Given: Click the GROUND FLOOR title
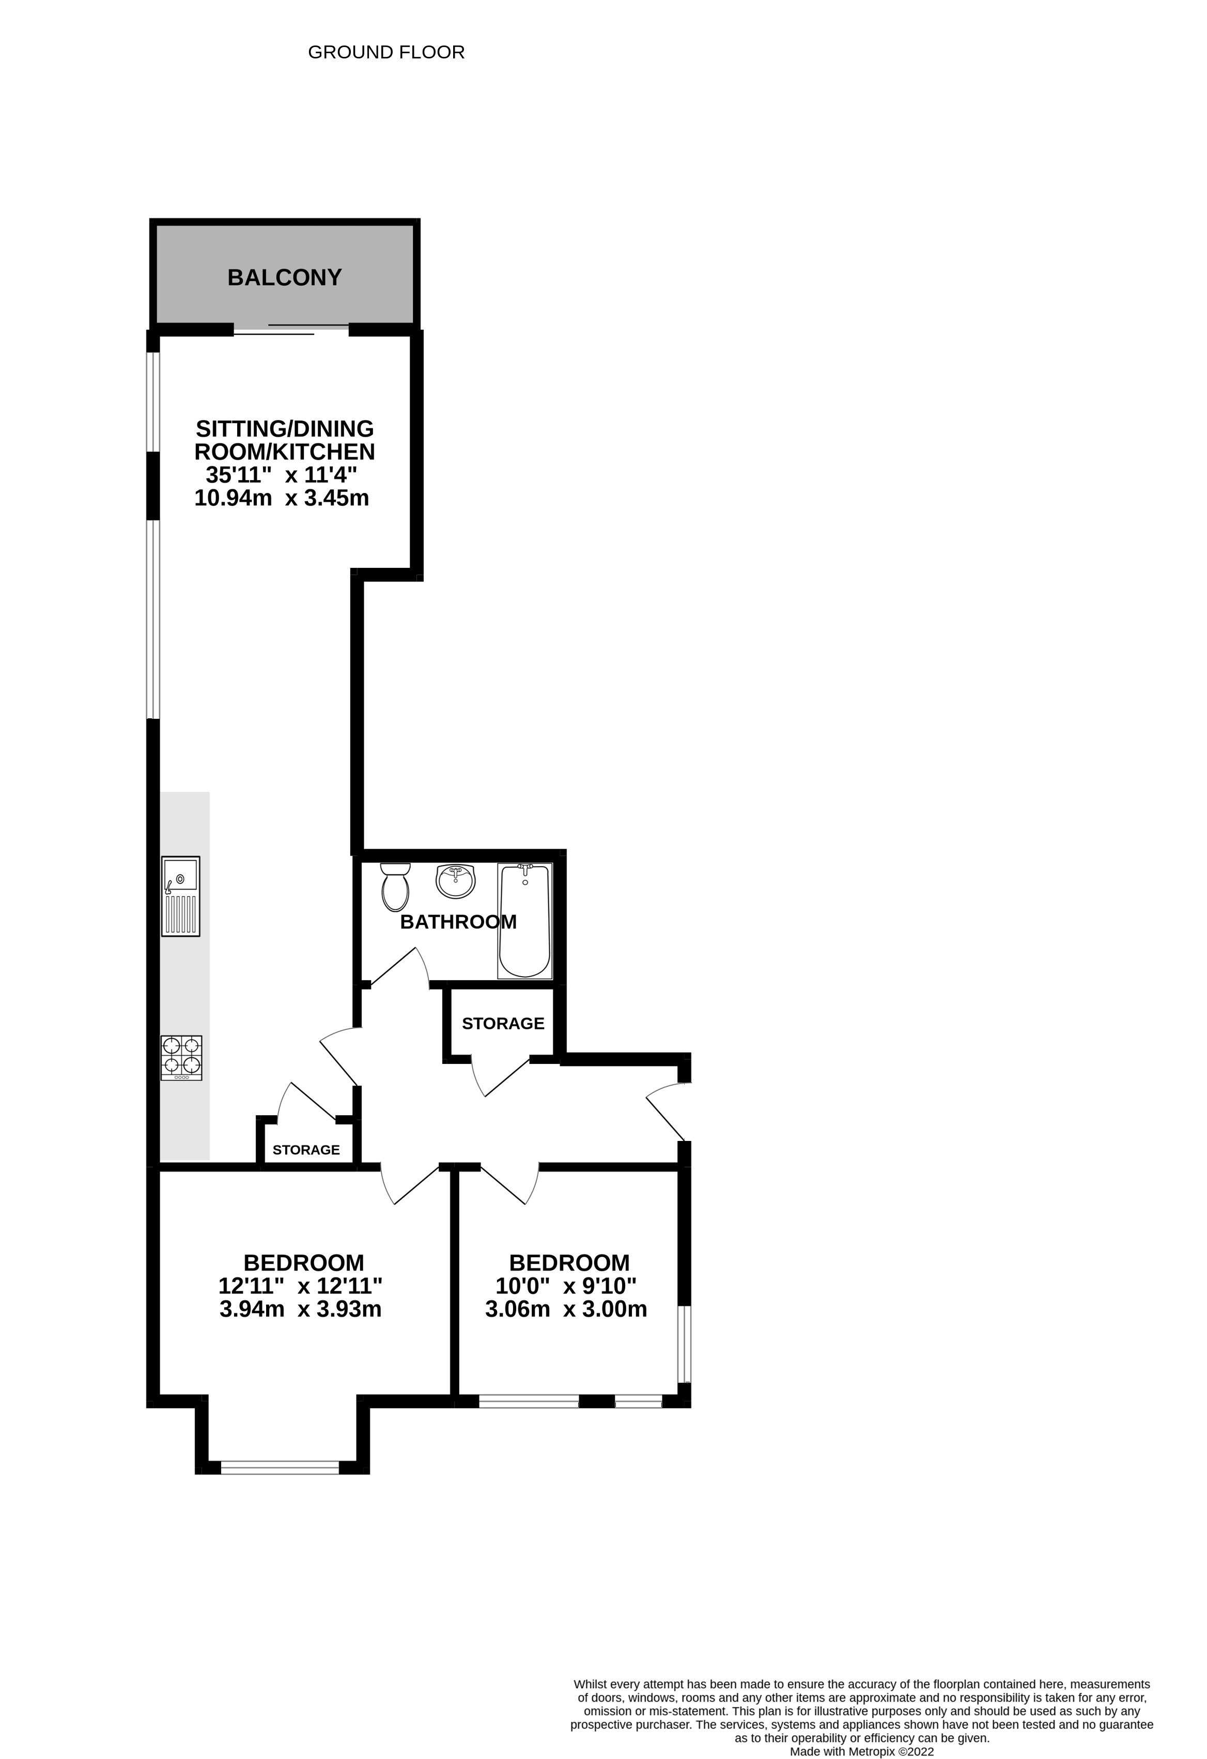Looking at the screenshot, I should coord(386,52).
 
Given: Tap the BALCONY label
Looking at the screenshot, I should coord(285,278).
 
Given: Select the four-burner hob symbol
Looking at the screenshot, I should coord(181,1057).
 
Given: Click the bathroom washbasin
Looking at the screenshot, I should coord(456,881).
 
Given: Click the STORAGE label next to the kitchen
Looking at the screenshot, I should coord(306,1150).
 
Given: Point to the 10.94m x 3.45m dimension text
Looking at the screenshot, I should coord(282,498).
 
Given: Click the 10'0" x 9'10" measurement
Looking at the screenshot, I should coord(566,1286).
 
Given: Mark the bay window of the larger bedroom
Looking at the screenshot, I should coord(280,1468).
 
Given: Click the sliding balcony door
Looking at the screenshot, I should coord(291,330).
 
